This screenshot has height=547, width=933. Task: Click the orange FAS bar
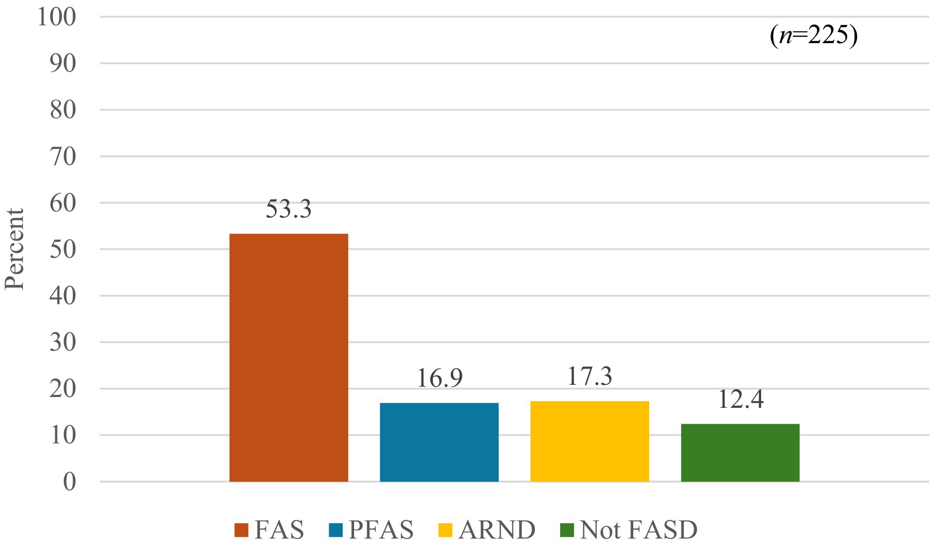289,357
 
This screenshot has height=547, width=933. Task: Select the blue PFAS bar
439,442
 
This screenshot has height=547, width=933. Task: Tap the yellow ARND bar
590,441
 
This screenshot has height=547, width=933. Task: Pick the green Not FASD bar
740,452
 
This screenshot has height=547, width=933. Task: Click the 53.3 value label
289,209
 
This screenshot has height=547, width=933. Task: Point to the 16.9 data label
439,378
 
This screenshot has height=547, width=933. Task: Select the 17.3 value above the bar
590,376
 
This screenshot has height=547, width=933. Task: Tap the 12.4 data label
740,400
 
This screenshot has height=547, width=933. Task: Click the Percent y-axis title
15,249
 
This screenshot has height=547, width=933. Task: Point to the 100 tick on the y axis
56,18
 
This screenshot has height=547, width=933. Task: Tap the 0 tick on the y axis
69,482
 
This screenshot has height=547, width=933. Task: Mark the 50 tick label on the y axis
63,249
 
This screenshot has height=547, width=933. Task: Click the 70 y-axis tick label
63,157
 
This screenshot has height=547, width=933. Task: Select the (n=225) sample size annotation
814,36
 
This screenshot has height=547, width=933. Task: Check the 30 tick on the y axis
63,343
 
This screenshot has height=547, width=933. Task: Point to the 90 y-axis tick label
63,64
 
